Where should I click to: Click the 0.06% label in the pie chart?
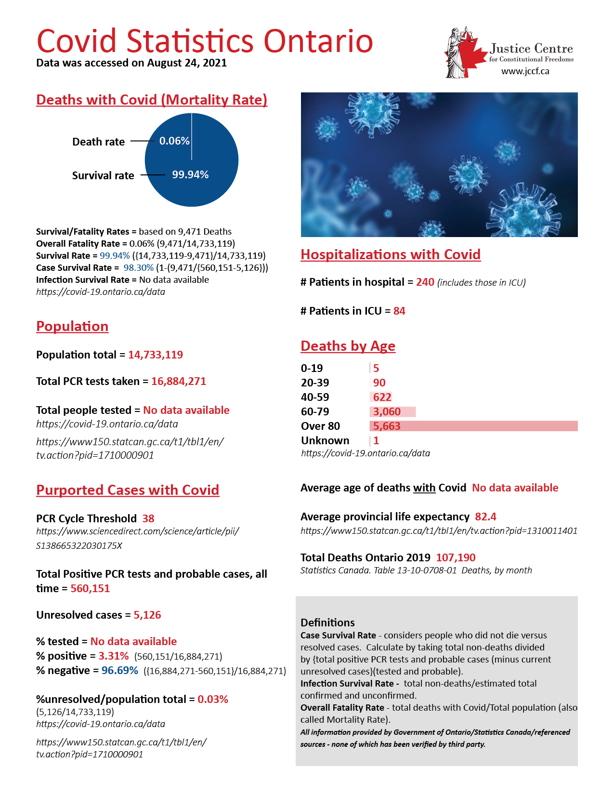(174, 141)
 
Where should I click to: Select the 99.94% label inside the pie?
(190, 174)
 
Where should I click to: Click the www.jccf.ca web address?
(525, 71)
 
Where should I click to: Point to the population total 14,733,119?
(156, 355)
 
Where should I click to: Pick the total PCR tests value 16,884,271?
(179, 382)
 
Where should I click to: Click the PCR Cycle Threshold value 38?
(148, 519)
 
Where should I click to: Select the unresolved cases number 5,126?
(147, 615)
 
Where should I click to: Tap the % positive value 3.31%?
(114, 656)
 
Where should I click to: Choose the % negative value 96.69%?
(120, 671)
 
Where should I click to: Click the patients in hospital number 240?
(425, 282)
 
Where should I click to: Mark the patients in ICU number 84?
(399, 311)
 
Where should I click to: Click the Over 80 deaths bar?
(473, 426)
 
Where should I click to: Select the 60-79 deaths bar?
(392, 411)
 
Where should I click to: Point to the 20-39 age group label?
(315, 383)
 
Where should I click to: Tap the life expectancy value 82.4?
(485, 517)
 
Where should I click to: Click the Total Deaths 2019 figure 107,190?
(456, 558)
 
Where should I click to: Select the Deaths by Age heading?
(348, 346)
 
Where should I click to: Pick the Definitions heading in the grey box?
(327, 623)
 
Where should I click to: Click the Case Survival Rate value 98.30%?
(139, 268)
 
